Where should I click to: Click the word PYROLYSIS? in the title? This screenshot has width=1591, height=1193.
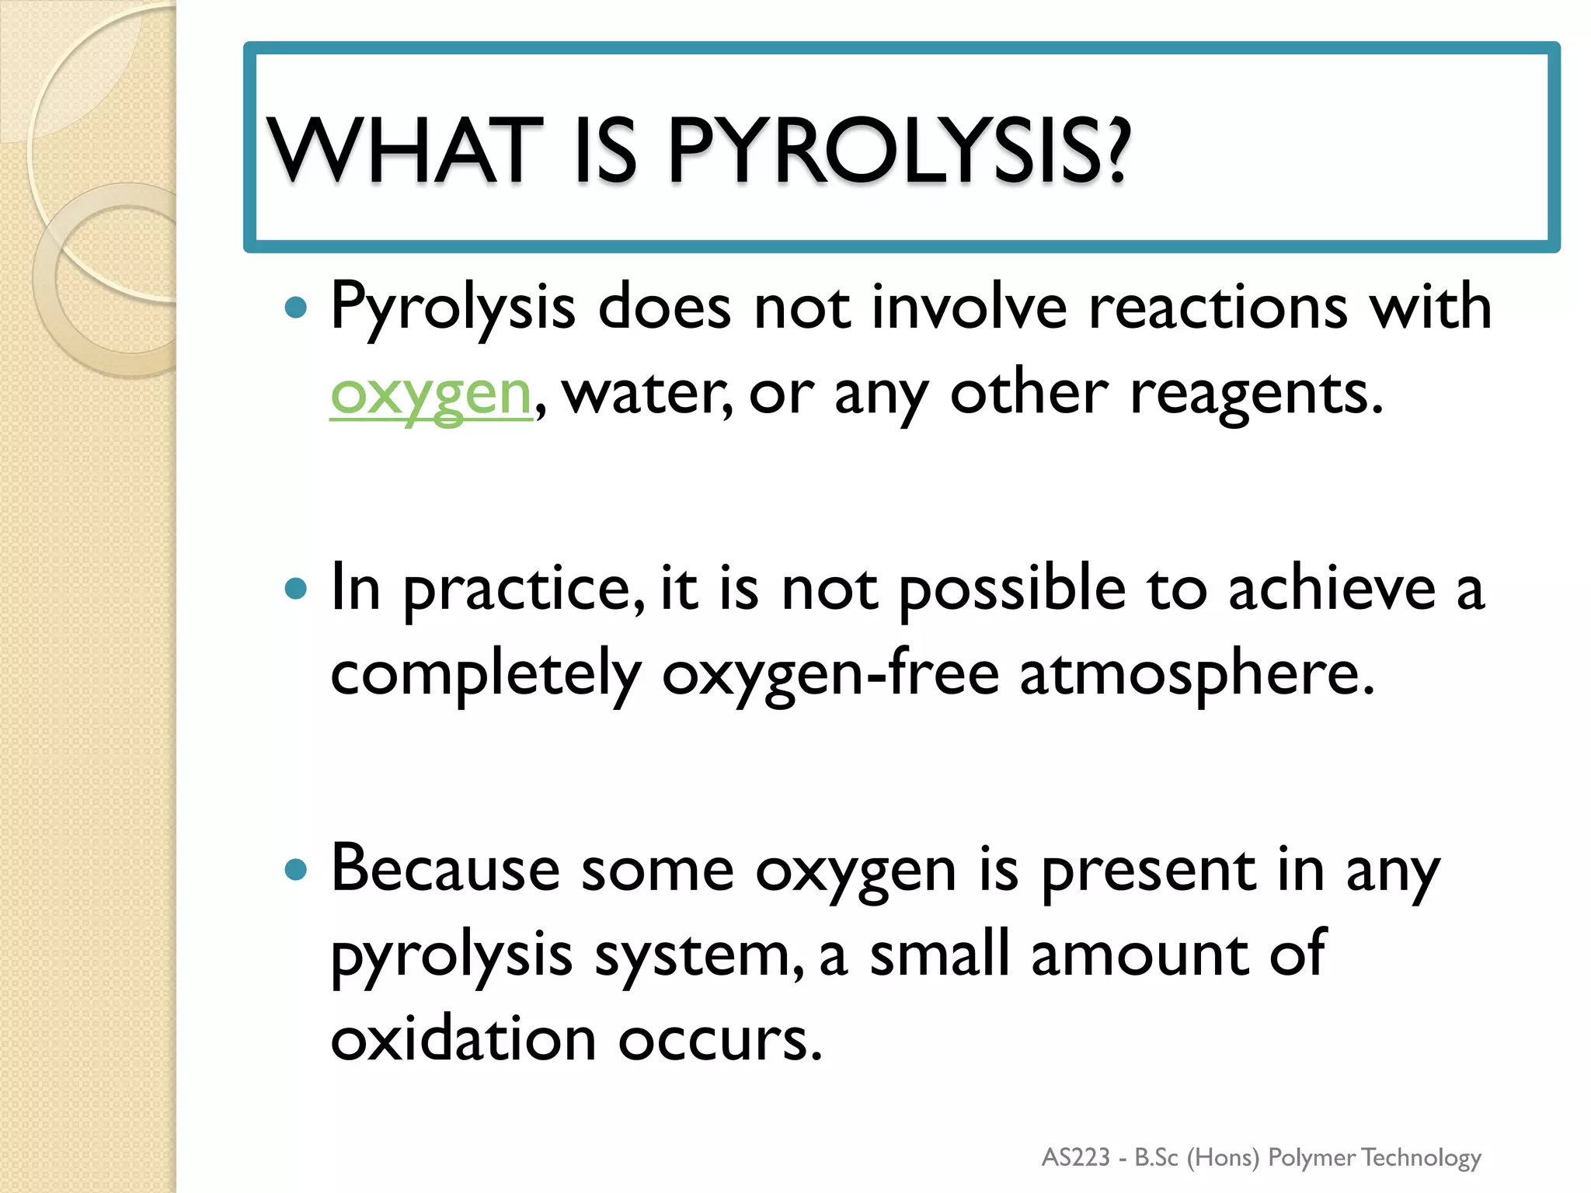898,151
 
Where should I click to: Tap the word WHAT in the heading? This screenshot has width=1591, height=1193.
405,151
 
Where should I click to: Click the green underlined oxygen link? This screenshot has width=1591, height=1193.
431,394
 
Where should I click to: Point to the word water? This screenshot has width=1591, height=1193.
646,394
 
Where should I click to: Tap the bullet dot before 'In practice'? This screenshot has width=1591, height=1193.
296,589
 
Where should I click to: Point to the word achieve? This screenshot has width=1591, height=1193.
1332,589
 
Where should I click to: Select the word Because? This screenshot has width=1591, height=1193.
445,868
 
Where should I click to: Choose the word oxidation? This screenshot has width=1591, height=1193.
463,1039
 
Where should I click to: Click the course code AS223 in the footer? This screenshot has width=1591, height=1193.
1076,1157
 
